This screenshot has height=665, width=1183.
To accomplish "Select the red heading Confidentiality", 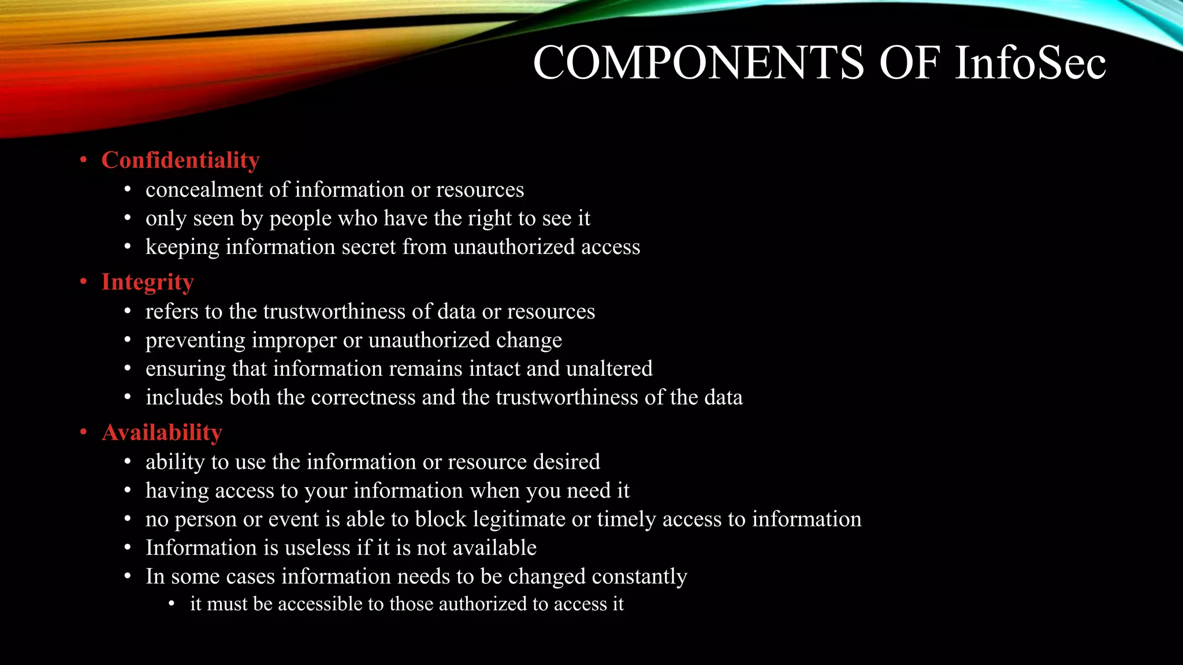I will click(180, 160).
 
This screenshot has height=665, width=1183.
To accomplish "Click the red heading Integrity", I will click(147, 282).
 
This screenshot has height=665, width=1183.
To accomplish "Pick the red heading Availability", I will click(162, 432).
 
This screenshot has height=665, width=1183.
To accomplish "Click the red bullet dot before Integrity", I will click(84, 282).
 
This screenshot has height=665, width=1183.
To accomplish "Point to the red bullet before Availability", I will click(84, 432).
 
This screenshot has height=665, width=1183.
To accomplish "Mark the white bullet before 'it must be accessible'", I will click(172, 604).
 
